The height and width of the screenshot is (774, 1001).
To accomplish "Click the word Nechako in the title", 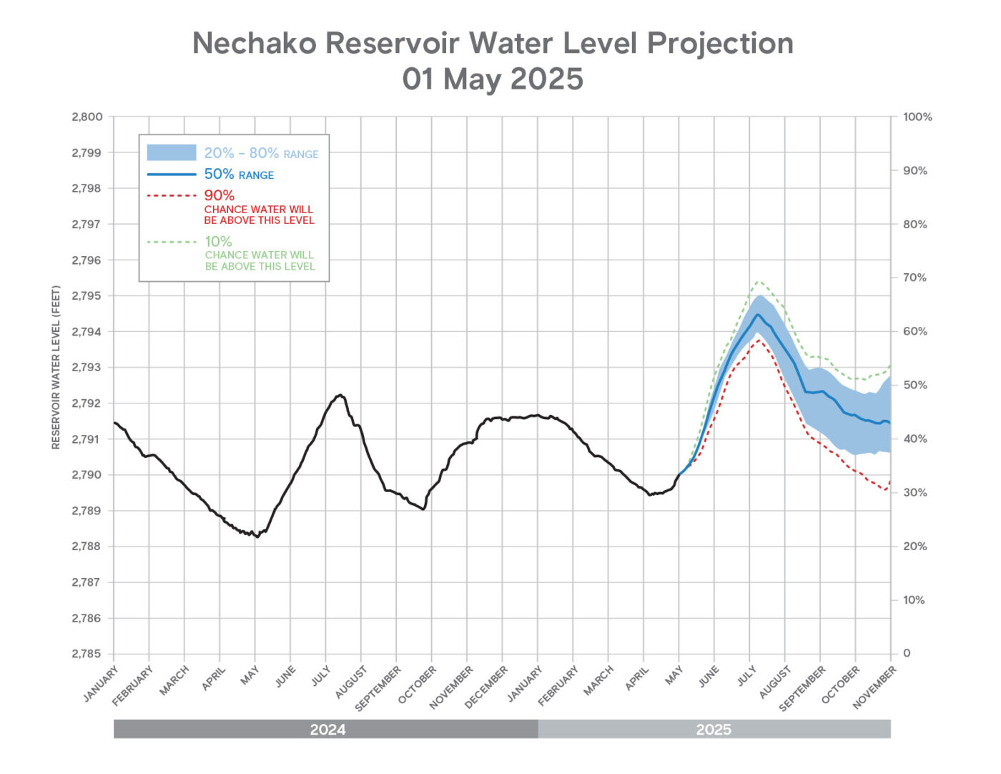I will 255,44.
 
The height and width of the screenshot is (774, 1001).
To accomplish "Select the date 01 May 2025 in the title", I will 493,79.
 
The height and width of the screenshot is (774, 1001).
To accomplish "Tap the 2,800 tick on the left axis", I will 87,117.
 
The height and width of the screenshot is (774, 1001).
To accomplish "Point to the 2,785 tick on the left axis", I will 87,653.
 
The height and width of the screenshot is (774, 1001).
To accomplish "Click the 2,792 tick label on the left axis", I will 87,403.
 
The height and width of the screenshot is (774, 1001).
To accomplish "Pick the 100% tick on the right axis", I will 917,117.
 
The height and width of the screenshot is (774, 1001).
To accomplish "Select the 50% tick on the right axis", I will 914,385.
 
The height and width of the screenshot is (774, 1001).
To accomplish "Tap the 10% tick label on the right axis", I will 914,599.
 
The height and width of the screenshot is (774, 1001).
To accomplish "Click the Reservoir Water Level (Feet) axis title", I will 56,368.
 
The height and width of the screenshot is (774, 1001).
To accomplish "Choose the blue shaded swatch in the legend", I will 172,152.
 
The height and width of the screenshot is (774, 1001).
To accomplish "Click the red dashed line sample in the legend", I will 172,195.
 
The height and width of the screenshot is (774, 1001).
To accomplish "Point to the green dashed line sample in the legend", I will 172,242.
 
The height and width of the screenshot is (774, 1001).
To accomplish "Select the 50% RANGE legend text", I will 239,174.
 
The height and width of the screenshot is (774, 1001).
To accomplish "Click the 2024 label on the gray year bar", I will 327,729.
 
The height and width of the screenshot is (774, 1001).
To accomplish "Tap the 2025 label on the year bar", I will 714,729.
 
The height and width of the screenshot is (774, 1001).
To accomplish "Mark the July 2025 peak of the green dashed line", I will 759,282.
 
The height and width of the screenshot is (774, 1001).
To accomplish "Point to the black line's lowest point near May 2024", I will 257,537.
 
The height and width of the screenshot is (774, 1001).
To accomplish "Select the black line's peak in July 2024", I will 340,395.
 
